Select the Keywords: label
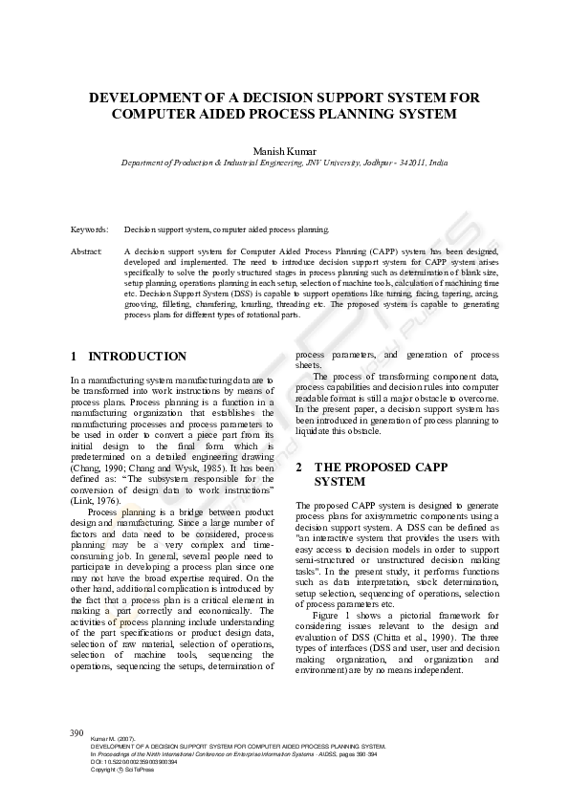(89, 230)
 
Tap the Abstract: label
(87, 251)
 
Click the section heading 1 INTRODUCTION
(129, 357)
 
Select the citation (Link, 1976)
(95, 501)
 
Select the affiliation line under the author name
(284, 163)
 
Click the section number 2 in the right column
(299, 468)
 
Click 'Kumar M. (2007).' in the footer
(110, 740)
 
